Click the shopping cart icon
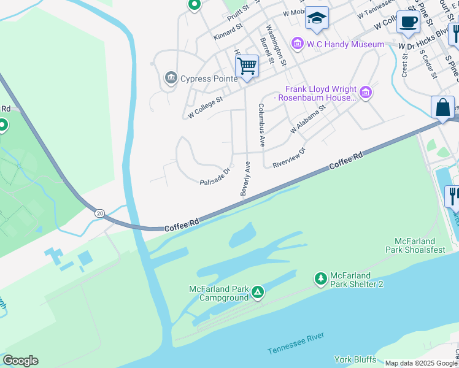click(x=247, y=65)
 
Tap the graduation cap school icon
click(x=317, y=19)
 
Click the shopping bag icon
click(x=442, y=108)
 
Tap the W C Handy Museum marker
click(x=298, y=44)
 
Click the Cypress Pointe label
click(x=209, y=79)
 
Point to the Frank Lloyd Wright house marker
click(x=366, y=93)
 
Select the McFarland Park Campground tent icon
click(x=258, y=293)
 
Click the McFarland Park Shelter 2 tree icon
click(x=320, y=280)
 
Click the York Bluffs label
click(x=355, y=359)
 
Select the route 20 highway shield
click(x=100, y=212)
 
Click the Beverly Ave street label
click(x=246, y=179)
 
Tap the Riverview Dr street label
click(x=289, y=157)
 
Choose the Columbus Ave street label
click(x=261, y=125)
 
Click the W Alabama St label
click(x=306, y=121)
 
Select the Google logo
click(x=20, y=361)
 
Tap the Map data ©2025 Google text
click(x=420, y=363)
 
